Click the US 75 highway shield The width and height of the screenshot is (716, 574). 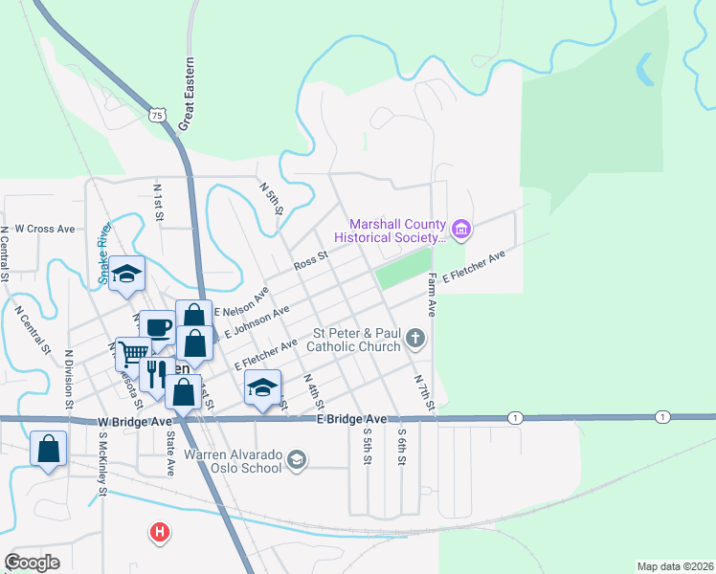(x=158, y=115)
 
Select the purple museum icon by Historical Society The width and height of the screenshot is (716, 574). (x=462, y=228)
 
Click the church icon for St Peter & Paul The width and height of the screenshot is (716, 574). (x=415, y=337)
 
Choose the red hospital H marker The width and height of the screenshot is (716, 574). (x=161, y=531)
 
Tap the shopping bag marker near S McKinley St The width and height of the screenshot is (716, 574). (x=48, y=449)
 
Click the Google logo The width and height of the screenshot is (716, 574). (x=33, y=563)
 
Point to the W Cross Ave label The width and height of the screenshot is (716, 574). (x=37, y=230)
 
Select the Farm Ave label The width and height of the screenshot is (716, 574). (x=432, y=295)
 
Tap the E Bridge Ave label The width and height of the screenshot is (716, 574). (x=352, y=419)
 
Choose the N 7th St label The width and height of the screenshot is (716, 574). (x=424, y=393)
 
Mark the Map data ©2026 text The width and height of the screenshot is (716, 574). (x=675, y=566)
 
